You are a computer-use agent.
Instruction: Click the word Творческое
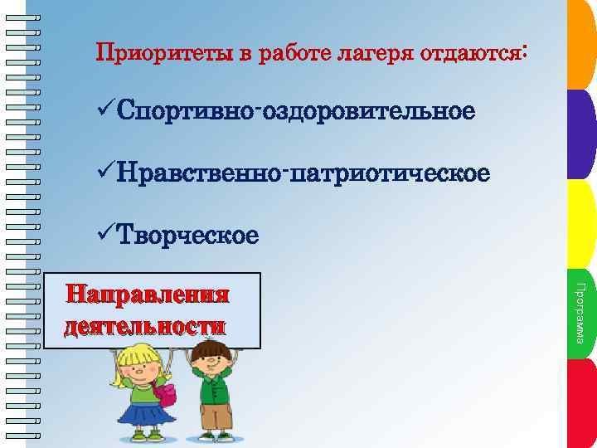[188, 236]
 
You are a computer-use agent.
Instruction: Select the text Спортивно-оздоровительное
[297, 110]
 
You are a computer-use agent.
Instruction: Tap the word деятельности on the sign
[144, 325]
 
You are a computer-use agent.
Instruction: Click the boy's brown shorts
[217, 414]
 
